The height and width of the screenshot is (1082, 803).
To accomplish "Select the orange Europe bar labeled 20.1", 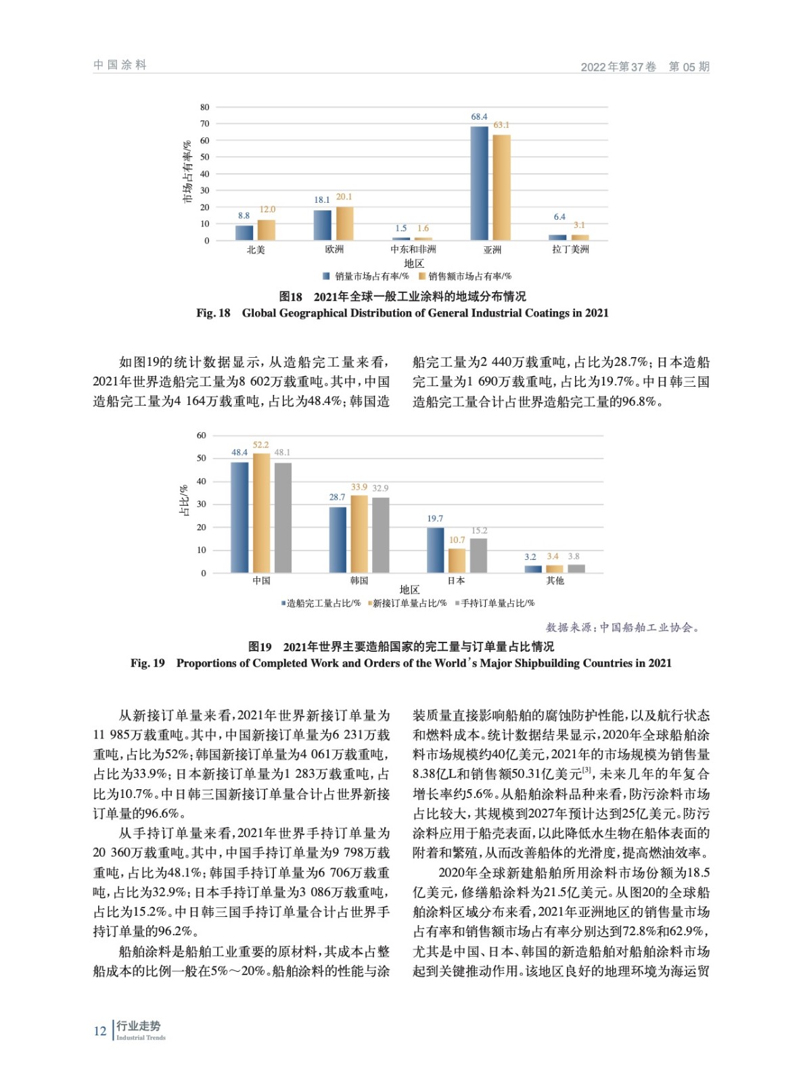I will (344, 223).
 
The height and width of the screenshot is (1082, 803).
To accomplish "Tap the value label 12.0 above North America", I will (267, 210).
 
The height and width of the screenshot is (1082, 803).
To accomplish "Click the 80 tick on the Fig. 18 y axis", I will (205, 107).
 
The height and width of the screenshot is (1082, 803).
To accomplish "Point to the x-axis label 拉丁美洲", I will (570, 250).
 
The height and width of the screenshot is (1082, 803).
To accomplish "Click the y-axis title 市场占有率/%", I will (187, 172).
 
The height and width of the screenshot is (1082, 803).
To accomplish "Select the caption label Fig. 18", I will (213, 313).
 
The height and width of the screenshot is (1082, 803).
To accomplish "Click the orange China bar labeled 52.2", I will (261, 513).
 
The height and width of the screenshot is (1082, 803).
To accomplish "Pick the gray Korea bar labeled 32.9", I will (381, 535).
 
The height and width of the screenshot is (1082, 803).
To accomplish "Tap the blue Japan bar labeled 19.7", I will (435, 550).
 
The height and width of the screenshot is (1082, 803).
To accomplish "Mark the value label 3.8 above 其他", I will (574, 557).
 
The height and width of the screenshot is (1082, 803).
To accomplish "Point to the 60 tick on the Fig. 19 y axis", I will (202, 436).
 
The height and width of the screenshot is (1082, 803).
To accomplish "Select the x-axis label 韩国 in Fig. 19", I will (359, 581).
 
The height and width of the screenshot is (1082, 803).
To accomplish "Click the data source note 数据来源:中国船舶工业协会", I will (622, 628).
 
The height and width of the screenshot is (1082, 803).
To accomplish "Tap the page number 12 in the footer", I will (100, 1031).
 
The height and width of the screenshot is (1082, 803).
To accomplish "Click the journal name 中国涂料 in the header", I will (120, 65).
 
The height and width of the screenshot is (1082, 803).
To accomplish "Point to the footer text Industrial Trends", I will (141, 1038).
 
